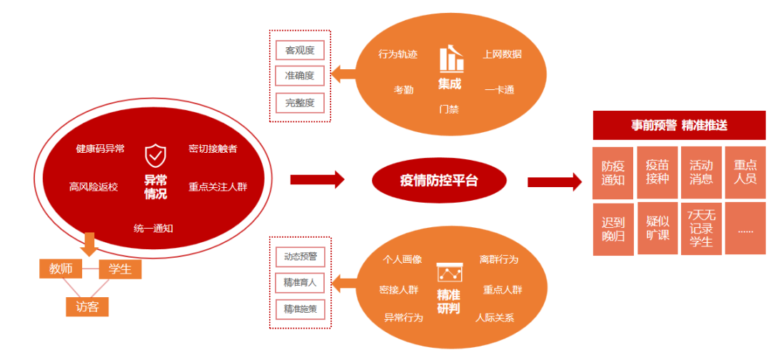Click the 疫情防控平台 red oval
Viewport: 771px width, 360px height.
438,180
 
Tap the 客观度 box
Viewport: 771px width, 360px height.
300,50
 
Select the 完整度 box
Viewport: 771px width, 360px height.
300,102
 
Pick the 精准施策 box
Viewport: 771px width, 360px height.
300,309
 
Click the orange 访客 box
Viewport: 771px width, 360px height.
87,306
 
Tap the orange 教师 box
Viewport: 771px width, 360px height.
60,269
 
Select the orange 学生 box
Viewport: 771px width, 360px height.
119,269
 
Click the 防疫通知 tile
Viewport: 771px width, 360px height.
613,172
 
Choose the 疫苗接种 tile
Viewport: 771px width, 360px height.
657,172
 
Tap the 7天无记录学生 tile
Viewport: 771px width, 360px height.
700,229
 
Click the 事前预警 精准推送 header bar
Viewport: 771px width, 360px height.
679,126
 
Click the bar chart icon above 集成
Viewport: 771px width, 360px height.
450,59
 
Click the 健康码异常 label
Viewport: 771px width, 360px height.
100,149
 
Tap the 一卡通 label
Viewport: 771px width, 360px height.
499,90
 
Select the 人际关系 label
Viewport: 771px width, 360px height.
495,317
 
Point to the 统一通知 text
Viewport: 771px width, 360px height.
153,228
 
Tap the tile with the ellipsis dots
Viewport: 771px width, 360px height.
745,229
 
